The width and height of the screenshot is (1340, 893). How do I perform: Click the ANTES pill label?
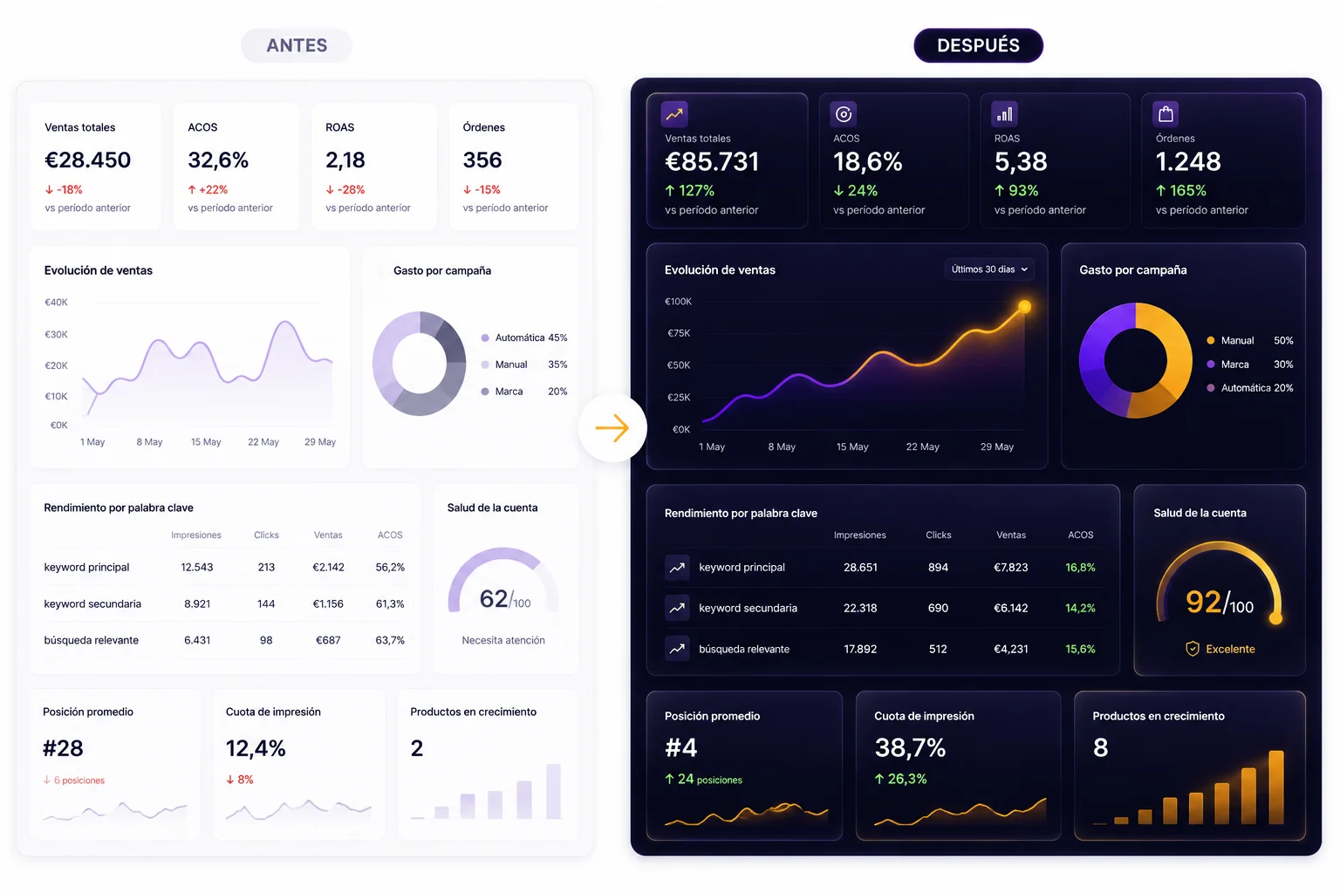(296, 45)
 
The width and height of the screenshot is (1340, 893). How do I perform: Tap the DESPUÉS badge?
(978, 45)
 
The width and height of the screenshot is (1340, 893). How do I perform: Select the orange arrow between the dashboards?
(612, 428)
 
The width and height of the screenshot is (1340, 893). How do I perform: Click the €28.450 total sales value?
(87, 160)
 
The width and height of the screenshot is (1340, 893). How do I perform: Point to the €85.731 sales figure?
(712, 161)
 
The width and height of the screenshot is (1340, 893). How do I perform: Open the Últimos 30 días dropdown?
(989, 269)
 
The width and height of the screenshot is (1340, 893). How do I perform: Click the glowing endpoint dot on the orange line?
(1024, 307)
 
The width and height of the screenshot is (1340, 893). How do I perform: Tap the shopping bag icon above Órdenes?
(1166, 113)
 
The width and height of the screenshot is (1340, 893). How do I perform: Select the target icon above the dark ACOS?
(843, 113)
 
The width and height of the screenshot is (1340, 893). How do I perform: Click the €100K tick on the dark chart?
(678, 302)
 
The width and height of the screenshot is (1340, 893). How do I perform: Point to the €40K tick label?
(56, 302)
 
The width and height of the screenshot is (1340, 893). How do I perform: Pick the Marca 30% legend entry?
(1249, 365)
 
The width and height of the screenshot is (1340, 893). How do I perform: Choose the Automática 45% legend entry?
(524, 337)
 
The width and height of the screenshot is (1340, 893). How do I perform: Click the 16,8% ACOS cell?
(1080, 567)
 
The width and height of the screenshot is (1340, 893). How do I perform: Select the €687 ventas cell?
(328, 640)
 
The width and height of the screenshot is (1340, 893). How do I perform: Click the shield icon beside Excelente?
(1193, 649)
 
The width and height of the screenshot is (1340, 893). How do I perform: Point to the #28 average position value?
(63, 748)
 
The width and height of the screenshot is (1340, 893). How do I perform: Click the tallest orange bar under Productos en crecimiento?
(1276, 787)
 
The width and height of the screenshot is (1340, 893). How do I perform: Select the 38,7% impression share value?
(910, 747)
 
